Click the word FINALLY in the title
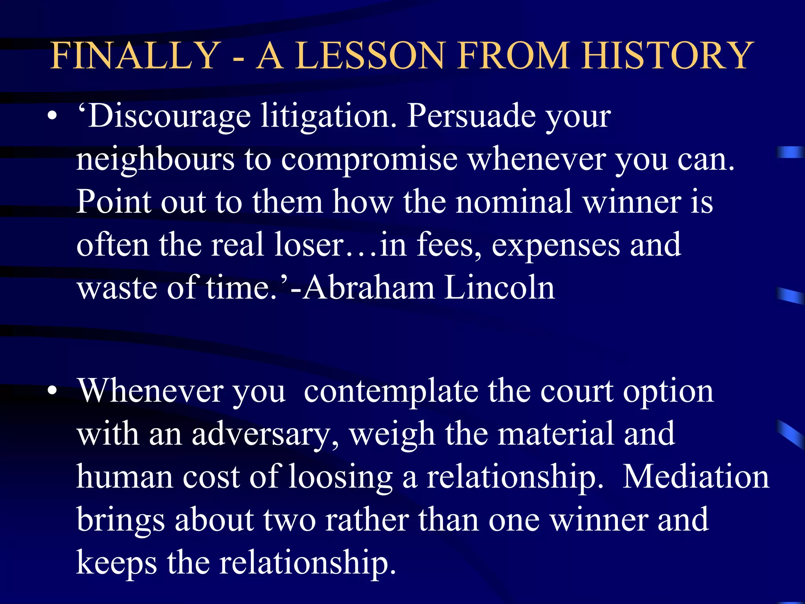pos(136,55)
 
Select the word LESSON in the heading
pos(369,55)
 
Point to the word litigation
pos(329,117)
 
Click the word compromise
pos(369,160)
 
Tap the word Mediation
pos(696,477)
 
